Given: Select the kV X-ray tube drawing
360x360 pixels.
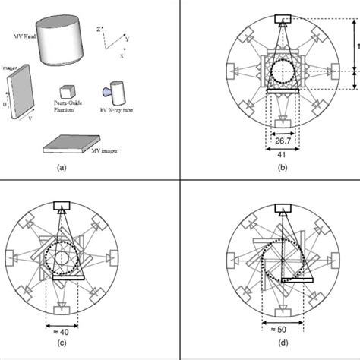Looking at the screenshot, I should (118, 94).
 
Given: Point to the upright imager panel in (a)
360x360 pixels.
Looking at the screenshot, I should (22, 90).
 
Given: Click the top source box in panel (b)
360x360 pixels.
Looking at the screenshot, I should (282, 18).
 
